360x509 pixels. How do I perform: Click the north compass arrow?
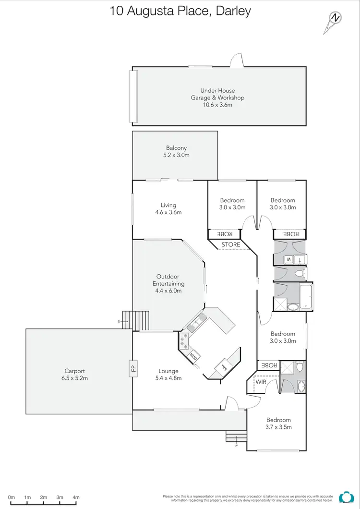[334, 22]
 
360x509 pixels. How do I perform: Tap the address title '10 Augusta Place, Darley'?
[180, 11]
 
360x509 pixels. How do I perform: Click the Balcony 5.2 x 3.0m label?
[176, 152]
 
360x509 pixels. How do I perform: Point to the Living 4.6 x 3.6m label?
[168, 208]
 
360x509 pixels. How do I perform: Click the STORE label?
[231, 245]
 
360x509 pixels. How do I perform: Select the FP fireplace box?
[133, 369]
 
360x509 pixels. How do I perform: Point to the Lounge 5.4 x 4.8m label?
[168, 374]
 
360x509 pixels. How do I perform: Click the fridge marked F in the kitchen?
[224, 368]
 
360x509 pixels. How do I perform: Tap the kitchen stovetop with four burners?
[184, 341]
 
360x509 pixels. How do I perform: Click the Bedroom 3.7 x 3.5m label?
[279, 423]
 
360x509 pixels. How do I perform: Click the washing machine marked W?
[289, 260]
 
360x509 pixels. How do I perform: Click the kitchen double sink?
[197, 322]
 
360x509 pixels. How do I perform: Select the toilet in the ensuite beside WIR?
[300, 368]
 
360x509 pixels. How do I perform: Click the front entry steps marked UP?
[236, 438]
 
